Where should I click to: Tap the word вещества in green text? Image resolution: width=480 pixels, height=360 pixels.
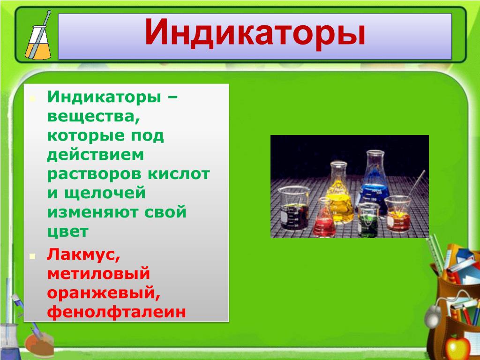tap(94, 117)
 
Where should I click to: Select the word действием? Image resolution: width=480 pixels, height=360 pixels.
tap(95, 155)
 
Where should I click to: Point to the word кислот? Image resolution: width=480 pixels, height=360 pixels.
tap(179, 174)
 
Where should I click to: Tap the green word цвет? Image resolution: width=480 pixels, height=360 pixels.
tap(67, 232)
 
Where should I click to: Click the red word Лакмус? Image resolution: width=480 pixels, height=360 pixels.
tap(83, 255)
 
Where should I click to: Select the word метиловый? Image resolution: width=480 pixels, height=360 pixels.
tap(98, 273)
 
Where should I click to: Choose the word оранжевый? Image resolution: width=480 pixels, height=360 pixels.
tap(104, 293)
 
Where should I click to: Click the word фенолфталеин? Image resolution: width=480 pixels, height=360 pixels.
tap(117, 312)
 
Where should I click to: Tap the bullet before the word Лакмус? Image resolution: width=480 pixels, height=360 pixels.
tap(32, 256)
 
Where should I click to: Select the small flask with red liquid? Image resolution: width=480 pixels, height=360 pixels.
tap(325, 217)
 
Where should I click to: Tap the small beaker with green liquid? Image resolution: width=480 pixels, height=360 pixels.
tap(368, 219)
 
